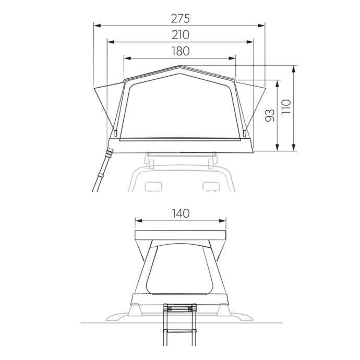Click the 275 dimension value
pyautogui.click(x=181, y=19)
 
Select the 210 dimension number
pyautogui.click(x=181, y=35)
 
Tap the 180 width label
pyautogui.click(x=181, y=51)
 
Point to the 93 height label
pyautogui.click(x=270, y=115)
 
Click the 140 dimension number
pyautogui.click(x=181, y=213)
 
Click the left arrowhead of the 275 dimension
pyautogui.click(x=98, y=26)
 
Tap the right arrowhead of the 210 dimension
pyautogui.click(x=250, y=42)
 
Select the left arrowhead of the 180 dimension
pyautogui.click(x=127, y=58)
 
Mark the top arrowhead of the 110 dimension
pyautogui.click(x=294, y=69)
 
